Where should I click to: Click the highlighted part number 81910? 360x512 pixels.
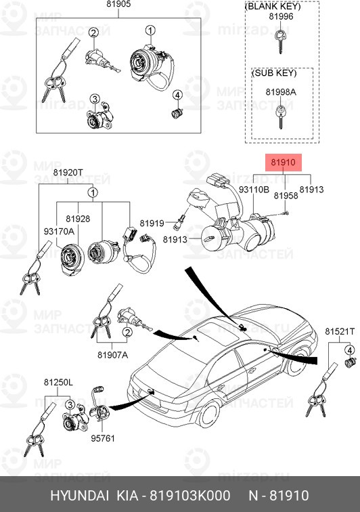tap(283, 163)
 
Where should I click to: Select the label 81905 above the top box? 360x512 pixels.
tap(118, 4)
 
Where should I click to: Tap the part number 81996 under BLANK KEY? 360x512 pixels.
tap(281, 16)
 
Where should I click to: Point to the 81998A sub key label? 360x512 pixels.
tap(281, 92)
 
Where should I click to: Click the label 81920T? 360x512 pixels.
tap(68, 173)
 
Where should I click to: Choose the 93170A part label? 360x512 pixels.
tap(59, 232)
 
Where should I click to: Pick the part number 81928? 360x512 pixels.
tap(78, 219)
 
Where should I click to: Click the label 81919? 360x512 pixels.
tap(152, 223)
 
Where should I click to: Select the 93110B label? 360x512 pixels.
tap(254, 190)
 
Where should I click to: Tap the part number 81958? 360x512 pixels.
tap(286, 196)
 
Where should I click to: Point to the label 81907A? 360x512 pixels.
tap(112, 355)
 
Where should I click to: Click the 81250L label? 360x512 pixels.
tap(59, 382)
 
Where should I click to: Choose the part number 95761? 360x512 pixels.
tap(103, 438)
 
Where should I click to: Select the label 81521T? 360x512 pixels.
tap(340, 331)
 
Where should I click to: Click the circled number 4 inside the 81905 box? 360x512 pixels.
tap(177, 95)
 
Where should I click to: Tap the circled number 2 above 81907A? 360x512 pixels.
tap(127, 333)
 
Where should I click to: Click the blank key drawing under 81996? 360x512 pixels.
tap(280, 40)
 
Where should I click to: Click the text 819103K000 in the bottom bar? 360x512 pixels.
tap(190, 495)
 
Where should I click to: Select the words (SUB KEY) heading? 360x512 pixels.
tap(274, 73)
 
